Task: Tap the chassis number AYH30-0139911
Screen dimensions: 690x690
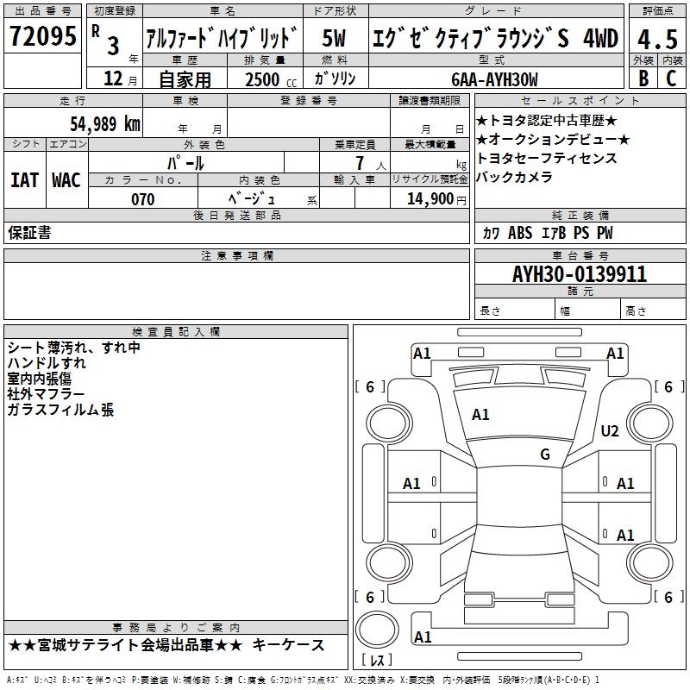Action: [580, 274]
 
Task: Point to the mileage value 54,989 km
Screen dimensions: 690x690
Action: [96, 124]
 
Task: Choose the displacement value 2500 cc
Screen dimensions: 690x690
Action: [268, 79]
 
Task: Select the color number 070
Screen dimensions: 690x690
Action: [142, 199]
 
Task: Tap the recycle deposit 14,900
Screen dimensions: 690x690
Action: [426, 199]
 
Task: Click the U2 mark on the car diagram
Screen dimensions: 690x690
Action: [610, 431]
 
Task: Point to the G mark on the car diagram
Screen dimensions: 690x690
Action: [545, 455]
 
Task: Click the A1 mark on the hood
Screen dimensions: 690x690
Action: [480, 415]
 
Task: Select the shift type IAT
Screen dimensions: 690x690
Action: [24, 180]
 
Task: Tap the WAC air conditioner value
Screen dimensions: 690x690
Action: [66, 180]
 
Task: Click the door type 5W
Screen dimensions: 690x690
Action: [334, 38]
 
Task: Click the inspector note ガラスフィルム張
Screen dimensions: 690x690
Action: [60, 411]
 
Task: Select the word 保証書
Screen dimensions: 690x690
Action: [29, 233]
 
